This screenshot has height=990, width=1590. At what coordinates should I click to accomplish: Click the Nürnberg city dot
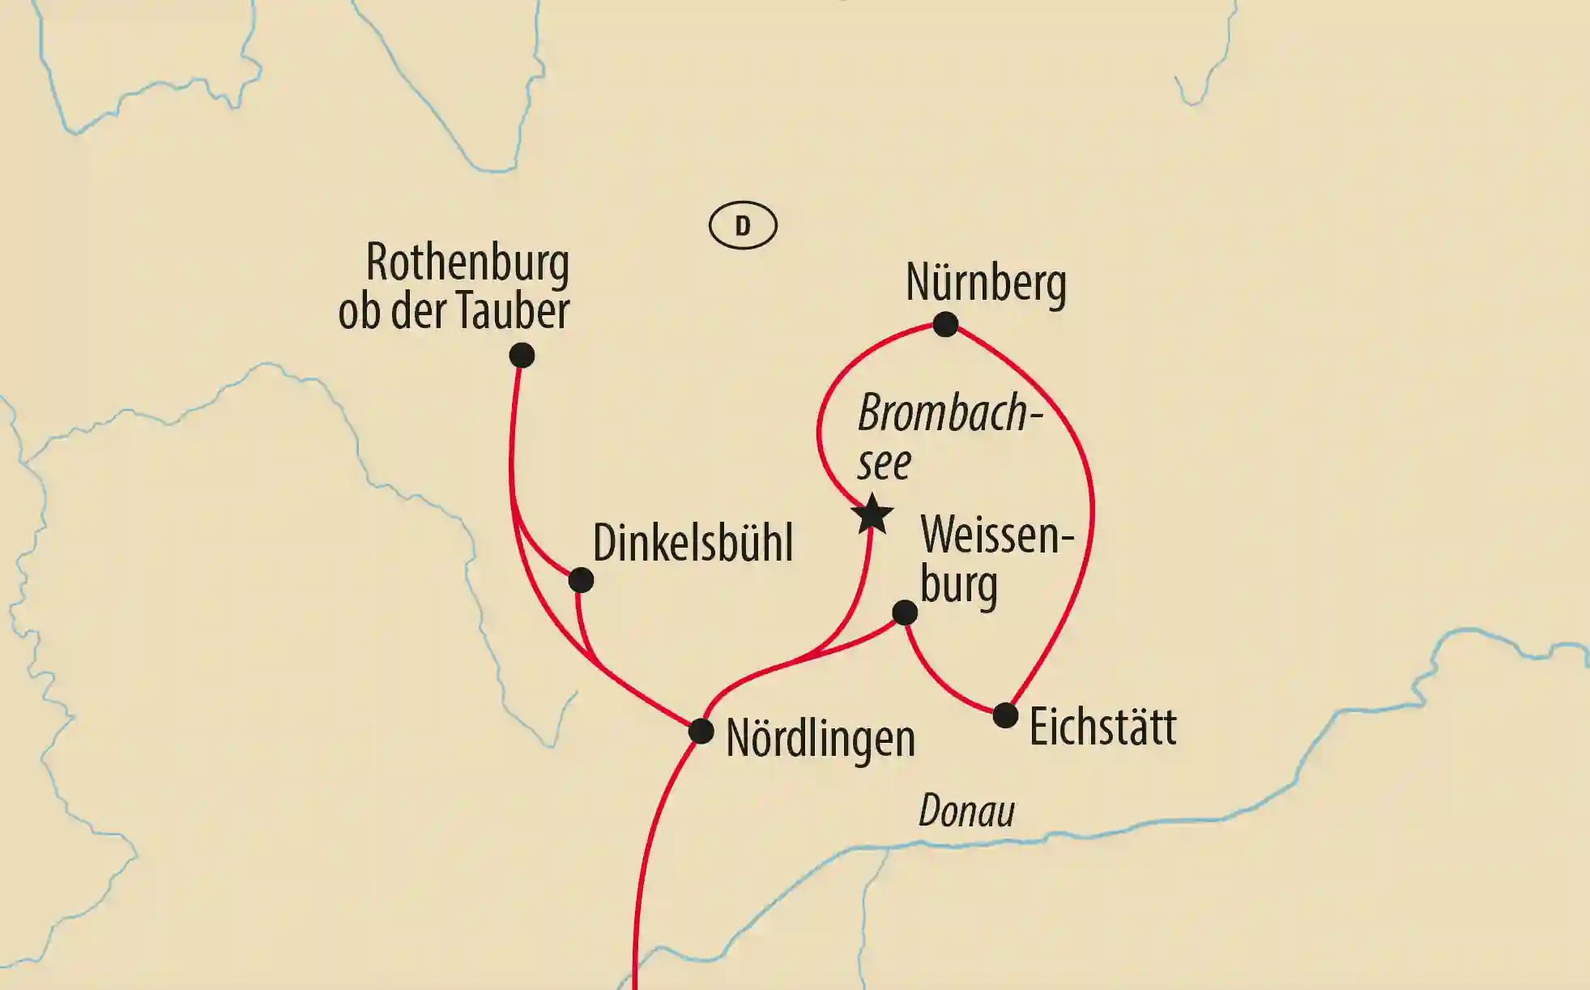click(x=945, y=324)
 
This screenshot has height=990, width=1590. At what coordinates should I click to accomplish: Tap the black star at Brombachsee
click(x=873, y=514)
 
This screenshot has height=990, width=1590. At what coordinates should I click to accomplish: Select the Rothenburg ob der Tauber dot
click(x=522, y=355)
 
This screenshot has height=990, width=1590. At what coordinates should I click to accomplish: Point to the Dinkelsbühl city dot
click(x=581, y=580)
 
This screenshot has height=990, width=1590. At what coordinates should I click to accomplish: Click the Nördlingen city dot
click(x=701, y=732)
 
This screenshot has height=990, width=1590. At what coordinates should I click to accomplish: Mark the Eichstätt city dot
click(x=1005, y=715)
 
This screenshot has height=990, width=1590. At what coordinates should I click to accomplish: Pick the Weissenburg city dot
click(x=905, y=612)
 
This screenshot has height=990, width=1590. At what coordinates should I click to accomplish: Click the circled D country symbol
click(x=743, y=225)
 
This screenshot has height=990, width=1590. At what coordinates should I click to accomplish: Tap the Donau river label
click(x=966, y=811)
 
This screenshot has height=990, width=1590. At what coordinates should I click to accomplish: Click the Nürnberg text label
click(x=986, y=283)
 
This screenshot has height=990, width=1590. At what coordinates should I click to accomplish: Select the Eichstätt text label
click(x=1102, y=727)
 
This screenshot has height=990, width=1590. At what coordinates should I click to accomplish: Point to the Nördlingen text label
click(x=820, y=738)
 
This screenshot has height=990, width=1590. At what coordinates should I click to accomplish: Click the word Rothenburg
click(x=467, y=262)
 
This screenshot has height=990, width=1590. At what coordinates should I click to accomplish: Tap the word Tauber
click(x=513, y=310)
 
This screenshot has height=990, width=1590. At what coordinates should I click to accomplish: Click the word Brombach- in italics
click(x=948, y=413)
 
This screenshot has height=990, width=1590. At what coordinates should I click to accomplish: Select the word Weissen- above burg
click(x=996, y=536)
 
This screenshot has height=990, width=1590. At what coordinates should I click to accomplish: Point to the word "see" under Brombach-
click(x=884, y=463)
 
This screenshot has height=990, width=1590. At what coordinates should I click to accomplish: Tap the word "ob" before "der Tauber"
click(x=359, y=311)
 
